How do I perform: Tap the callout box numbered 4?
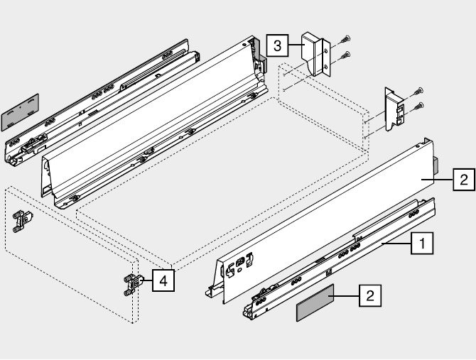(x=163, y=280)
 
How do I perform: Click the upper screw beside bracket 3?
(x=345, y=40)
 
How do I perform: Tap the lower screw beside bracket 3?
(x=345, y=55)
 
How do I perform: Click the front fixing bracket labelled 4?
(x=132, y=284)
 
